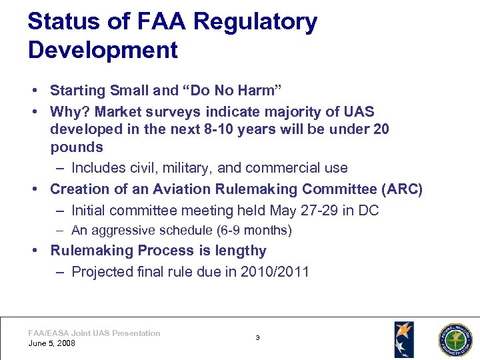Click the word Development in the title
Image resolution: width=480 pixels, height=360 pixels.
[x=103, y=50]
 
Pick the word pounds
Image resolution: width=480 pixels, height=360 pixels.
[x=77, y=147]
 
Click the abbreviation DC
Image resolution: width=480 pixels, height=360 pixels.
[x=368, y=211]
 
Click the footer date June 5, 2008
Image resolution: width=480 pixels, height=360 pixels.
[x=52, y=343]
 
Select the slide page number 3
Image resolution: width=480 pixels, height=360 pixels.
[x=257, y=338]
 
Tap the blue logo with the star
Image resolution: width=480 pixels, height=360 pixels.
[x=403, y=339]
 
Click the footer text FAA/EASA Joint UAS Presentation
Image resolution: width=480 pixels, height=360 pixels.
[x=94, y=333]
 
